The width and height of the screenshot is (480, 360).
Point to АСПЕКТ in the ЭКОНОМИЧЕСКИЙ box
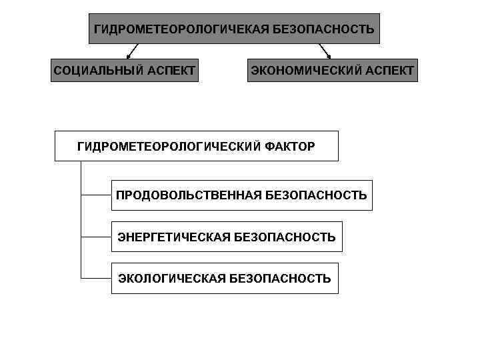(x=389, y=70)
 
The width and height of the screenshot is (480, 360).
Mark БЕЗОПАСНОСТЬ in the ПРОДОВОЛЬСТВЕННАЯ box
(x=316, y=195)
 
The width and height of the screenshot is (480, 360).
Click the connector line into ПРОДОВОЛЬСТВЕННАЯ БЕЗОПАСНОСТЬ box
(x=96, y=195)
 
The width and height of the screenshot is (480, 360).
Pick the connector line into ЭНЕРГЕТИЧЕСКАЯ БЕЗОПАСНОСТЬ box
(x=96, y=237)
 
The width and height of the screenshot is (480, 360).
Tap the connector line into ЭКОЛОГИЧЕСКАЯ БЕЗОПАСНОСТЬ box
(x=96, y=278)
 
